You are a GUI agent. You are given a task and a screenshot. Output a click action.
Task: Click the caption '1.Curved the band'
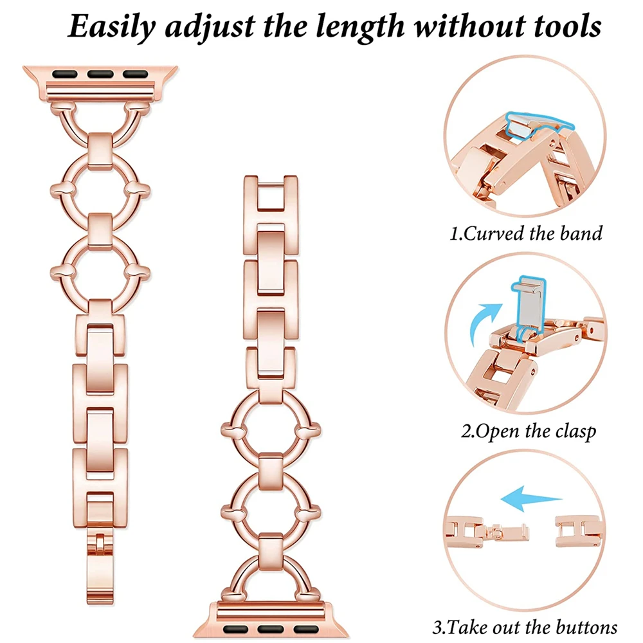click(526, 232)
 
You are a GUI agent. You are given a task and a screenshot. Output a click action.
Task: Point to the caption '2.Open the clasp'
click(527, 430)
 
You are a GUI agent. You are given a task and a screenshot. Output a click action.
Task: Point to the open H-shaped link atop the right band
click(268, 195)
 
